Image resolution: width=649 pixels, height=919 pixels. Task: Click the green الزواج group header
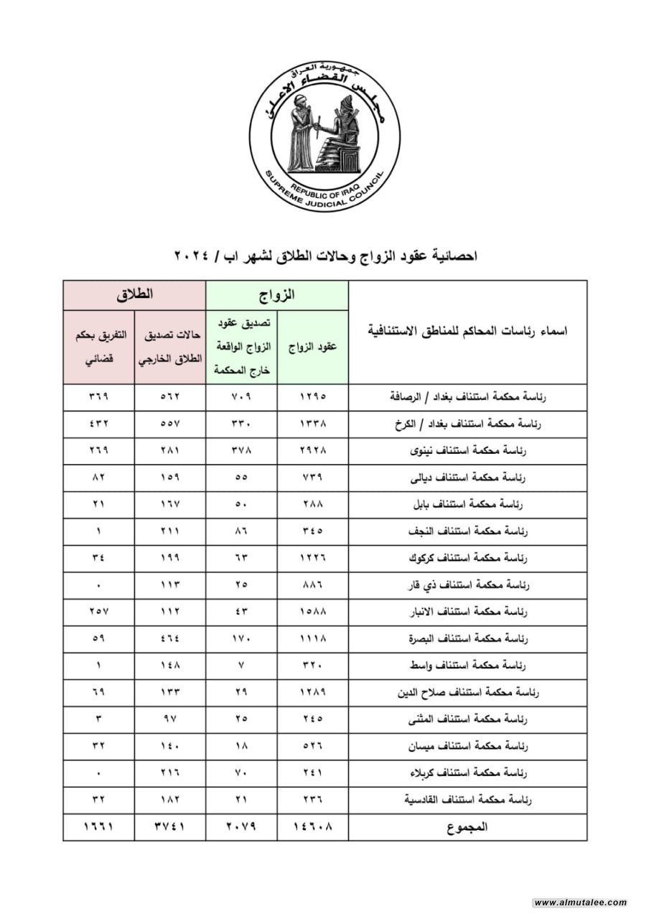tap(277, 294)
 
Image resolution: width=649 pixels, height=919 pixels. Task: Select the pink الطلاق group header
tap(135, 294)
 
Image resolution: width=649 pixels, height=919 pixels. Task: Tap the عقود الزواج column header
tap(313, 347)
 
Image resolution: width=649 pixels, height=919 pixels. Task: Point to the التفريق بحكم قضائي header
tap(98, 347)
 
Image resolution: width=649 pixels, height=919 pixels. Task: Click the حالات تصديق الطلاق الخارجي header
tap(170, 347)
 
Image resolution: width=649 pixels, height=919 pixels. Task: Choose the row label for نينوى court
tap(467, 450)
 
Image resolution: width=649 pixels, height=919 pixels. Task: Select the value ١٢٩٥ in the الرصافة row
tap(313, 396)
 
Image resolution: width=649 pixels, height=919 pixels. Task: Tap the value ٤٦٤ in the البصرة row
tap(170, 639)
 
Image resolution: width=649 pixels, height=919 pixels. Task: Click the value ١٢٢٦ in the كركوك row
tap(313, 558)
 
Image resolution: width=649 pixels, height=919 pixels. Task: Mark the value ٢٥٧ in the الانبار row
tap(98, 612)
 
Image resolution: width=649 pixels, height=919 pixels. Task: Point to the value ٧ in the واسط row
tap(241, 666)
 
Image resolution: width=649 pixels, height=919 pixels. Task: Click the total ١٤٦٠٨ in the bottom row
tap(313, 827)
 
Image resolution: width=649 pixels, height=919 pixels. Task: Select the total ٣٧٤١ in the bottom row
tap(170, 827)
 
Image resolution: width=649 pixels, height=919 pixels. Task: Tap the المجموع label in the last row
tap(467, 827)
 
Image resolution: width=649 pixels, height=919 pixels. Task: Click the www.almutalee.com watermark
tap(580, 902)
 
